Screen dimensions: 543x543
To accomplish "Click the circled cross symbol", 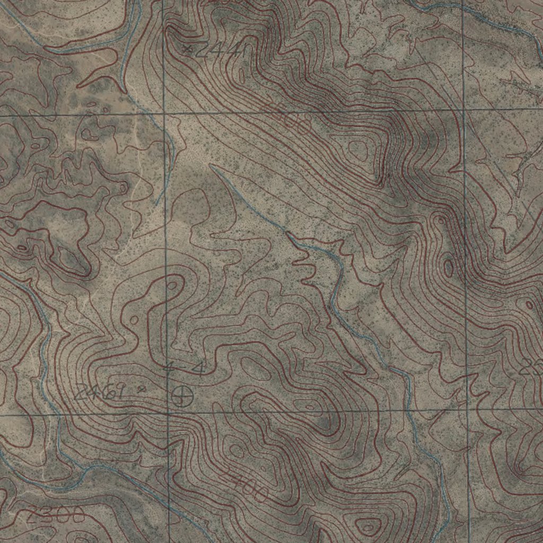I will [182, 395].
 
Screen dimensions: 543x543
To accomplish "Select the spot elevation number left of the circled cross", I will [100, 392].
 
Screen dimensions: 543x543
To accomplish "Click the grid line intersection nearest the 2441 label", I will [163, 113].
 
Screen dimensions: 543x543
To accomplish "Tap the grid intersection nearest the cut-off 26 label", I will [467, 409].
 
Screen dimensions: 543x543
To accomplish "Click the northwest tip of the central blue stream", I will [211, 165].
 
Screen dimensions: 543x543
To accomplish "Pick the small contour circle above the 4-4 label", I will [172, 286].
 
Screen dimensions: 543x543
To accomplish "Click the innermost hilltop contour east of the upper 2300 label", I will [358, 150].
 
